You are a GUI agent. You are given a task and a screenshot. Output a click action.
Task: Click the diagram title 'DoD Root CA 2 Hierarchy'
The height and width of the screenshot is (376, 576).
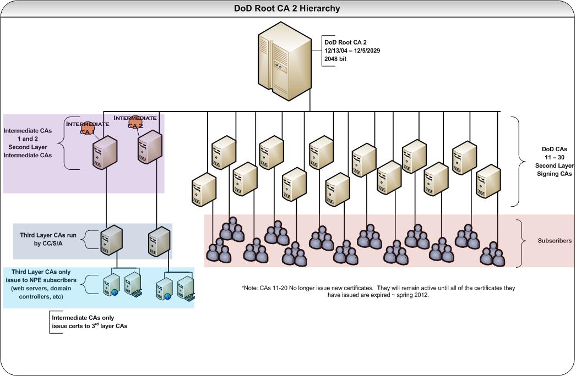click(287, 8)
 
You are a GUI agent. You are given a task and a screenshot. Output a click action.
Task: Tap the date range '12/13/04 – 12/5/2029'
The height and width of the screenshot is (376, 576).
click(352, 50)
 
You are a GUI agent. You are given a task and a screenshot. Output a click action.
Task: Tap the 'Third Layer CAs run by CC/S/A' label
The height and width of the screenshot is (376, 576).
click(49, 239)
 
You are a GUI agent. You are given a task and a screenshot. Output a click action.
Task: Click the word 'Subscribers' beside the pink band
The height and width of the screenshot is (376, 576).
click(555, 241)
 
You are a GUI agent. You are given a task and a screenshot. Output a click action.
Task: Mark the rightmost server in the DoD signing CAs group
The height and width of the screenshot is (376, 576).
click(488, 181)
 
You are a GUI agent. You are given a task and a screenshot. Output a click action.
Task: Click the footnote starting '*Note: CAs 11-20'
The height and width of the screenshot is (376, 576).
click(378, 291)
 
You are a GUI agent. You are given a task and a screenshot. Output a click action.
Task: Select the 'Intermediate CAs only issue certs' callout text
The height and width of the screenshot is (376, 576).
click(89, 322)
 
